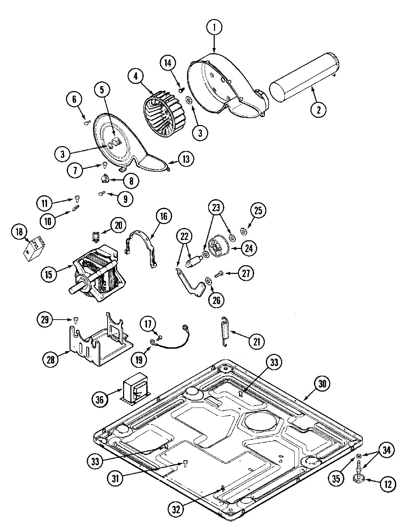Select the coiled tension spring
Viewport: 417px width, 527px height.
pyautogui.click(x=225, y=332)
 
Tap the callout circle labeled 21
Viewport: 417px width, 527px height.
pyautogui.click(x=256, y=341)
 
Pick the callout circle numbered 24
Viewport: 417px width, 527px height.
pyautogui.click(x=249, y=248)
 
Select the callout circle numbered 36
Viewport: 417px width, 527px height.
pyautogui.click(x=99, y=400)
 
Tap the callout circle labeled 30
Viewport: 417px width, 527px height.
pyautogui.click(x=322, y=383)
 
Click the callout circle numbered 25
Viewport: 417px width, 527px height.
pyautogui.click(x=258, y=211)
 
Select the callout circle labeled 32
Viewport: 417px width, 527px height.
pyautogui.click(x=177, y=509)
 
